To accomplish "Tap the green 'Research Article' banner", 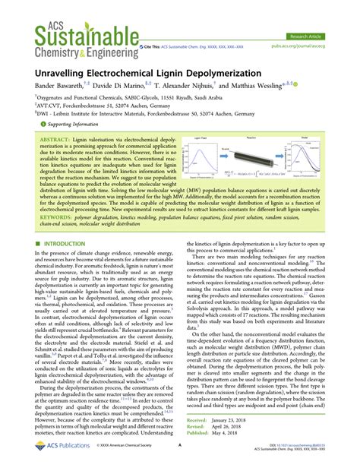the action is [x=311, y=35].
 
